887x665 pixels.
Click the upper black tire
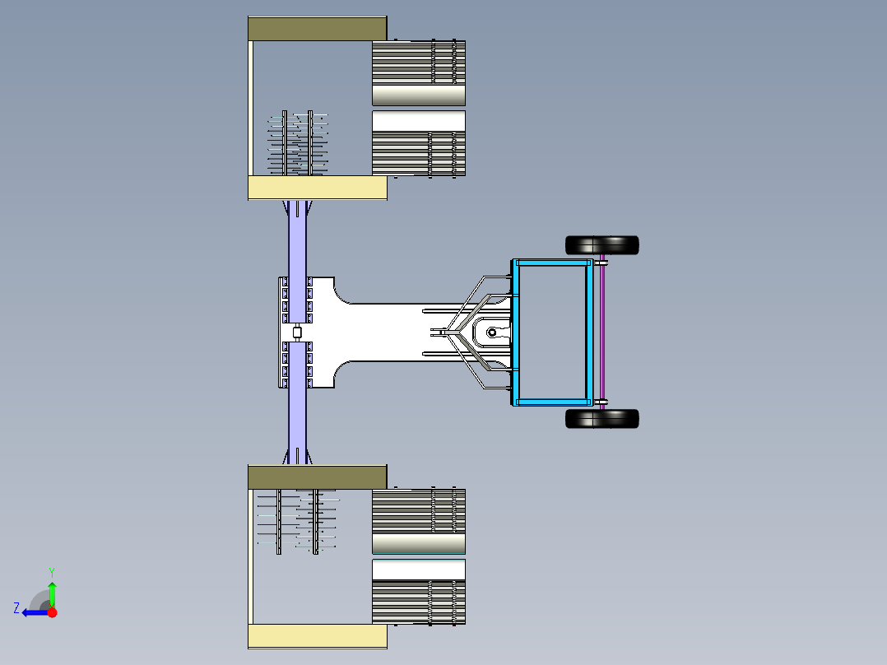pos(602,245)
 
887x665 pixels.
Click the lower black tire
pos(602,419)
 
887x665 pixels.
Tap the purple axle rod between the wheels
pos(602,332)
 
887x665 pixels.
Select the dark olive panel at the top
pos(318,28)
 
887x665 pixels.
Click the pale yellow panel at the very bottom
pos(318,636)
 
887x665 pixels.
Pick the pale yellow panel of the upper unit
pos(318,188)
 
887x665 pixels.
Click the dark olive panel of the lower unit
pos(318,477)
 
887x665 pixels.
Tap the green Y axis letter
pos(52,572)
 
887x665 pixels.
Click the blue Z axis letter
pos(16,608)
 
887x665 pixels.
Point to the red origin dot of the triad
pos(52,612)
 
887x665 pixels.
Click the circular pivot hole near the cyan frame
pos(491,332)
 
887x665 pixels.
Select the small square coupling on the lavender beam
pos(298,332)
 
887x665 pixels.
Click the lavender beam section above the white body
pos(298,239)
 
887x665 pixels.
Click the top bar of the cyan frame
pos(551,263)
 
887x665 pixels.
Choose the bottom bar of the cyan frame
pos(551,402)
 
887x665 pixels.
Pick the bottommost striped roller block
pos(419,602)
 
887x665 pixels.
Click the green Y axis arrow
pos(52,595)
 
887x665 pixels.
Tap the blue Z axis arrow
pos(35,612)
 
